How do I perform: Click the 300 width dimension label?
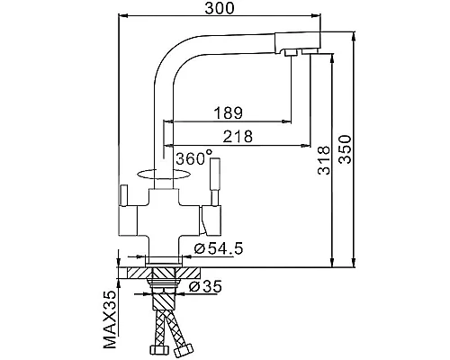coord(220,8)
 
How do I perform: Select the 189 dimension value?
coord(228,112)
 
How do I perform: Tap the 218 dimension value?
coord(238,137)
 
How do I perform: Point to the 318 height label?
coord(324,160)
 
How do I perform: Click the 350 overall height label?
coord(345,149)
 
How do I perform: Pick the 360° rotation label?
coord(194,157)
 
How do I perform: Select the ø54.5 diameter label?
coord(219,248)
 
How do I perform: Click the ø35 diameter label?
coord(205,286)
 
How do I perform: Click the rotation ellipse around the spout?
coord(164,179)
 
